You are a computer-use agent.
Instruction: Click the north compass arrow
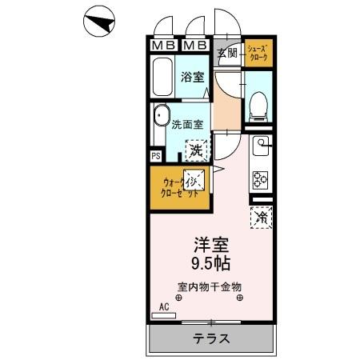coord(99,22)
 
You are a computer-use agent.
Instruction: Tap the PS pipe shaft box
coord(156,156)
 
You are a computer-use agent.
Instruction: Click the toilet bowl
coord(258,105)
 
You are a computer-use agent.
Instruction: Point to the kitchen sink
coord(262,146)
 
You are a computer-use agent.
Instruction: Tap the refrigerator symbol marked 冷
coord(261,216)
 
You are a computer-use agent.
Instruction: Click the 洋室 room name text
coord(210,245)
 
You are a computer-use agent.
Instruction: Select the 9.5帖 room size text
coord(210,263)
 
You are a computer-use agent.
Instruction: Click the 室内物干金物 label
coord(210,286)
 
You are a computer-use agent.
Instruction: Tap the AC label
coord(164,306)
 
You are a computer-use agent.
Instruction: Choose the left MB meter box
coord(162,45)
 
